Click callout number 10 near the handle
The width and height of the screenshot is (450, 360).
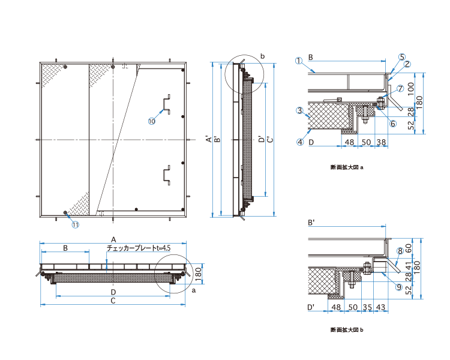[x=152, y=121]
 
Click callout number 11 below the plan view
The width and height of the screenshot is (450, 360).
[x=75, y=224]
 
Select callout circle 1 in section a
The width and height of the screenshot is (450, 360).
[x=299, y=61]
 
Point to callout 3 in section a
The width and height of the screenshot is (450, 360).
[x=300, y=110]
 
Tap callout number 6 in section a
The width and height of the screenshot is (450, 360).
[x=393, y=124]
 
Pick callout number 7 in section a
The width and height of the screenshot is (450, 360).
[x=400, y=89]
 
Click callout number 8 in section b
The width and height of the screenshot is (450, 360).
[x=400, y=251]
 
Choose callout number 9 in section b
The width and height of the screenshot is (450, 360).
[x=399, y=287]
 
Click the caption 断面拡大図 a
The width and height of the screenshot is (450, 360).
[x=347, y=167]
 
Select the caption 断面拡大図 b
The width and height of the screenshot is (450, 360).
[x=347, y=330]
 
